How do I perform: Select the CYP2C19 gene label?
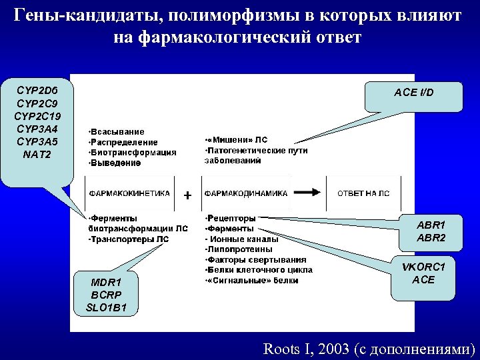pos(38,117)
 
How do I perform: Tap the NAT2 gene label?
pos(38,155)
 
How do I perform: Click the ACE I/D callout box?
pos(413,93)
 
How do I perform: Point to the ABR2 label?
pos(431,238)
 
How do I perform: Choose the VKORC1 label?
pos(423,267)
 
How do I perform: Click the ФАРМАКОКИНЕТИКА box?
pos(129,193)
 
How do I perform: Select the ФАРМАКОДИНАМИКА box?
pos(246,193)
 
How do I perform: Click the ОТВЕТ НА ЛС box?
pos(363,193)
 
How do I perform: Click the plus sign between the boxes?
pos(188,196)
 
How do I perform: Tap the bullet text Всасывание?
pos(117,132)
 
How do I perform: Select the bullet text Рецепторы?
pos(231,217)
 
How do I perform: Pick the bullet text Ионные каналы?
pos(242,239)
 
